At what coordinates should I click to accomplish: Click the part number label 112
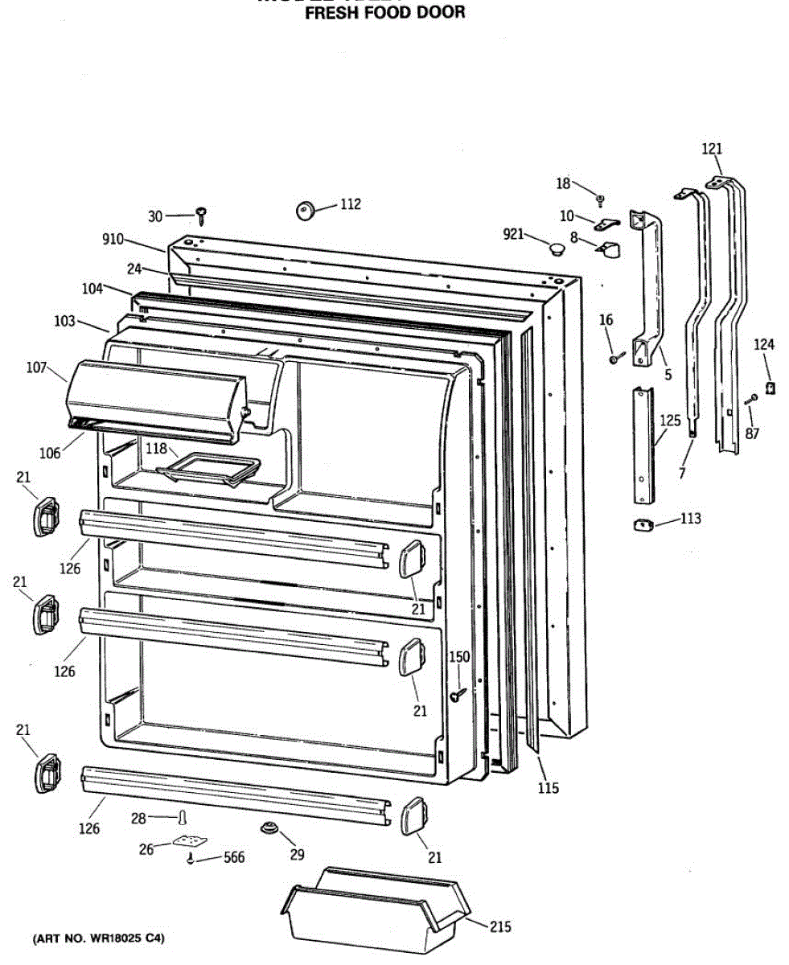(x=350, y=204)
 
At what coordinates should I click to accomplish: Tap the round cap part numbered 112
(x=305, y=211)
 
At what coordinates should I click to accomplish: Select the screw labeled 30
(x=202, y=215)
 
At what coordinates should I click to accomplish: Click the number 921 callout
(x=513, y=234)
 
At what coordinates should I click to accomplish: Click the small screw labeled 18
(x=600, y=198)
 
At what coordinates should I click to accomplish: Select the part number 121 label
(x=712, y=148)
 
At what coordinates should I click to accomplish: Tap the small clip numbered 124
(x=770, y=388)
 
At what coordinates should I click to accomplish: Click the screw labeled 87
(x=750, y=400)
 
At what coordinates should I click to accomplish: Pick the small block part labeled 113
(x=642, y=525)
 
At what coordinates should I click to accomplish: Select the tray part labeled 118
(x=208, y=470)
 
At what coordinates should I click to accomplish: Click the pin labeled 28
(x=184, y=819)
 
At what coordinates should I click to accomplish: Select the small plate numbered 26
(x=187, y=843)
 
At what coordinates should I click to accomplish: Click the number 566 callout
(x=232, y=857)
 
